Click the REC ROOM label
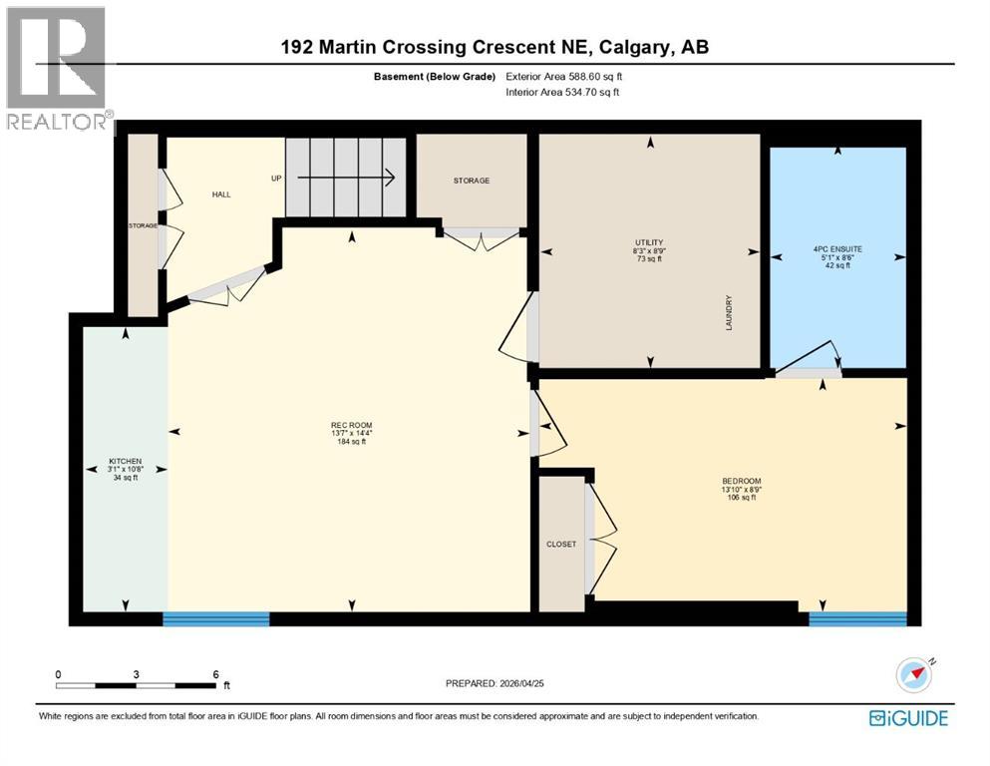click(x=351, y=425)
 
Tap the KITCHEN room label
click(x=125, y=462)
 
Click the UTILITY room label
click(x=649, y=242)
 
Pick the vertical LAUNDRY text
click(x=729, y=312)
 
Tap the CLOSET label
click(x=561, y=544)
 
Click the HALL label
click(x=221, y=194)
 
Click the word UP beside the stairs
click(x=276, y=179)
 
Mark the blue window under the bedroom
click(x=857, y=618)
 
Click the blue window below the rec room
click(x=216, y=618)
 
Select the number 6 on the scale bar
click(x=214, y=674)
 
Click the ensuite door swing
click(x=810, y=359)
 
